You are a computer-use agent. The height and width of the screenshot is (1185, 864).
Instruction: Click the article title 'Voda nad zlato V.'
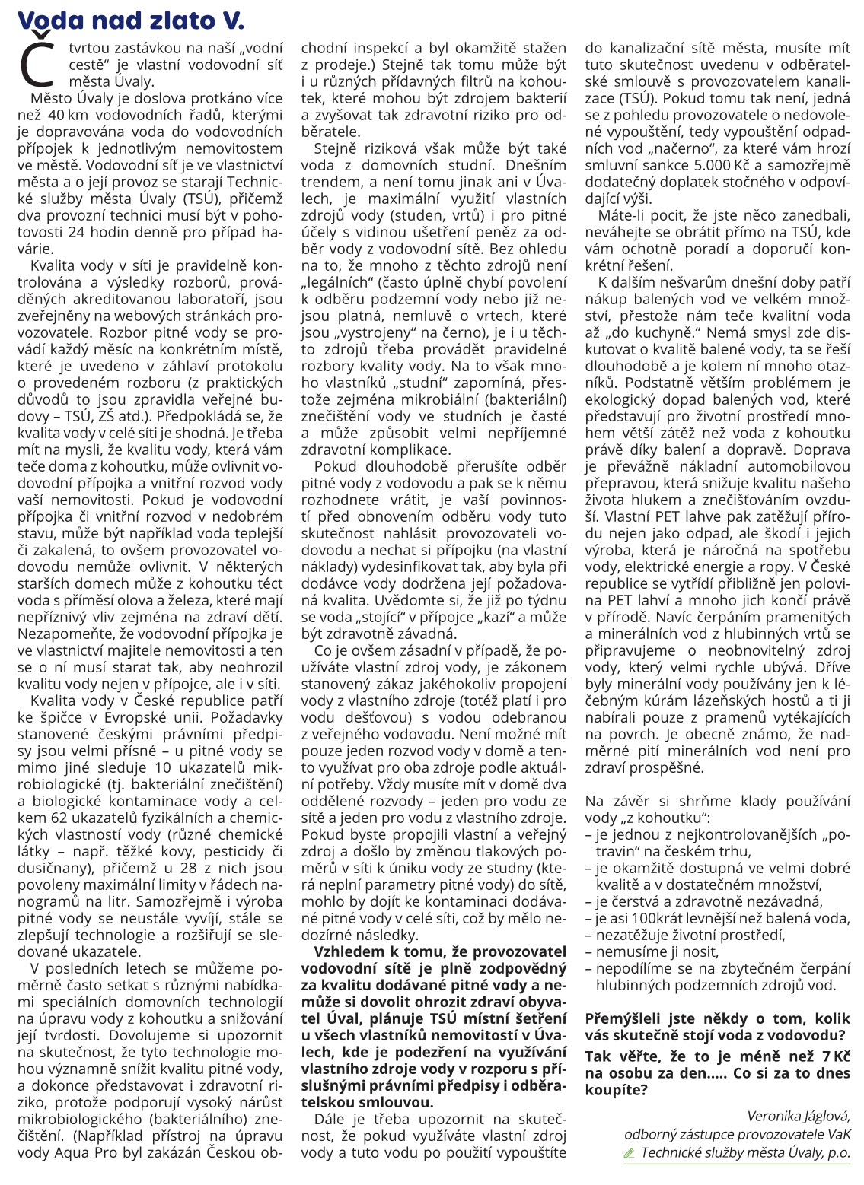130,20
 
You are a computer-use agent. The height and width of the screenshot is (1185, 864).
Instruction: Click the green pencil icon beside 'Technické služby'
629,1153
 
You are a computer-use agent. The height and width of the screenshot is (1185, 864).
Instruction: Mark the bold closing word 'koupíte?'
617,1090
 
